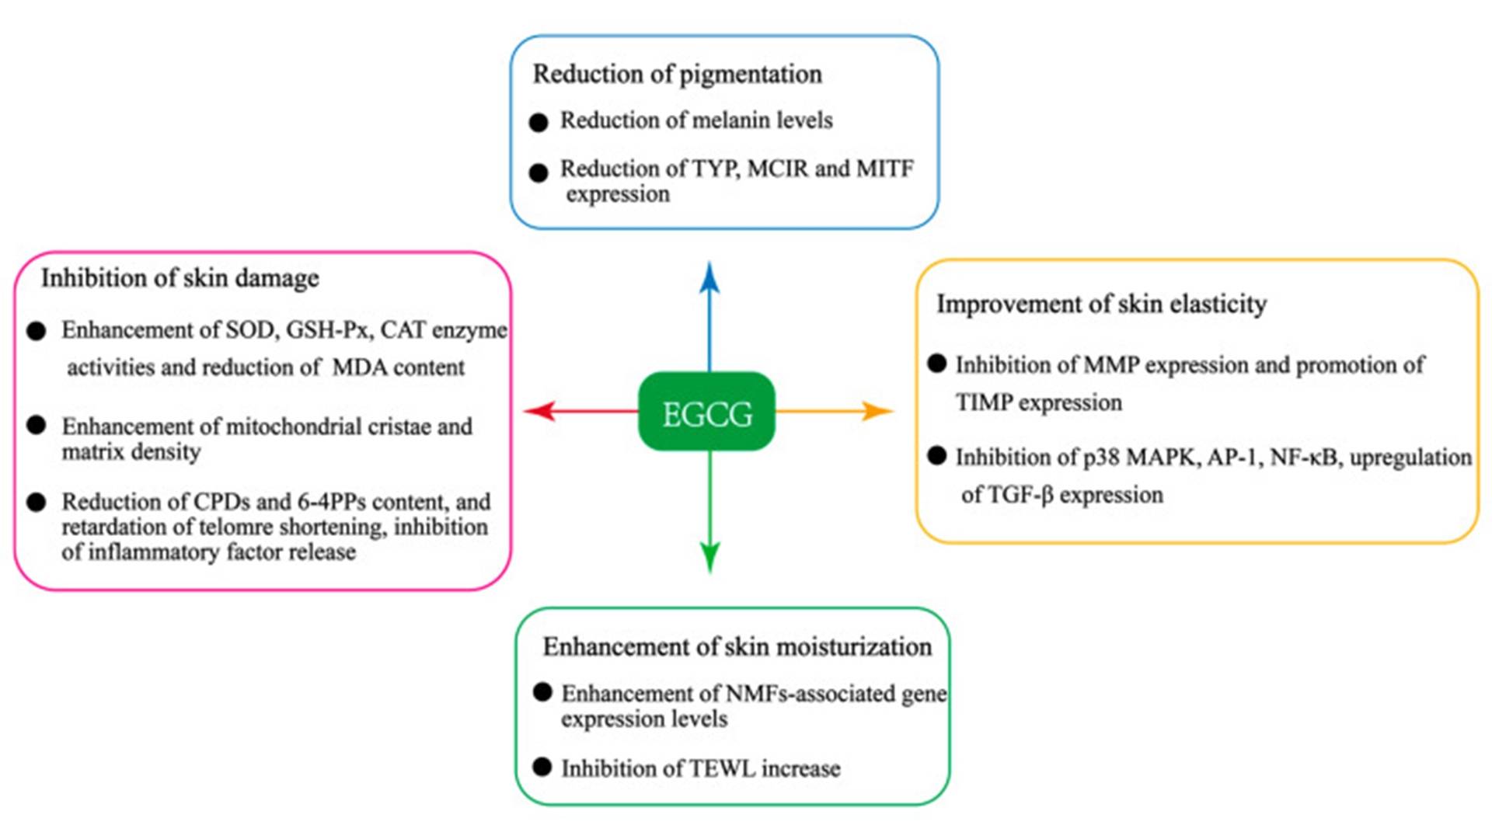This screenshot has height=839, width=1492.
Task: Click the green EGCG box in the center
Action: click(x=706, y=412)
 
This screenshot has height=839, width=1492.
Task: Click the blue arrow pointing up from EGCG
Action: click(x=709, y=319)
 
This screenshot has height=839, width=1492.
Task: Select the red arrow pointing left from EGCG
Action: click(x=579, y=410)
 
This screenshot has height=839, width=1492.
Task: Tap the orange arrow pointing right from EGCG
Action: click(x=835, y=410)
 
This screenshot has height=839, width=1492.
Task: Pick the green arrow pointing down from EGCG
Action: click(x=709, y=513)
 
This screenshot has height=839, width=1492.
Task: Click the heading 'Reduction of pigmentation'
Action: click(x=677, y=75)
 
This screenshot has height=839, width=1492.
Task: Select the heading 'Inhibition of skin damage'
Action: click(x=180, y=278)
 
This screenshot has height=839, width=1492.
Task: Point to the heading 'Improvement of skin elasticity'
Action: click(x=1101, y=304)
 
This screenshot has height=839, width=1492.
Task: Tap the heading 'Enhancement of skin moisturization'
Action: click(x=737, y=647)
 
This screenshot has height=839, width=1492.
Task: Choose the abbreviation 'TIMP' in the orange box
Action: click(x=983, y=403)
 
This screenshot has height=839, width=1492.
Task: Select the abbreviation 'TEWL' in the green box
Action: click(x=723, y=769)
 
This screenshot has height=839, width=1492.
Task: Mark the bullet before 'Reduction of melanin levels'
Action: click(x=539, y=123)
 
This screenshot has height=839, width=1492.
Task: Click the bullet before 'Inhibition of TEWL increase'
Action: click(x=542, y=768)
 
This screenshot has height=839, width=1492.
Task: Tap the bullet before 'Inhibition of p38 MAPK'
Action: click(x=937, y=456)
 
